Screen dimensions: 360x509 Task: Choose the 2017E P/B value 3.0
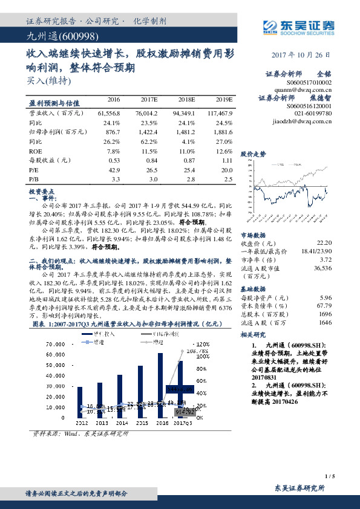(153, 180)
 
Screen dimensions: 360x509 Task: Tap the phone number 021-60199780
(311, 112)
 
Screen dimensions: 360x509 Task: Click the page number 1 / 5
(329, 476)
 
